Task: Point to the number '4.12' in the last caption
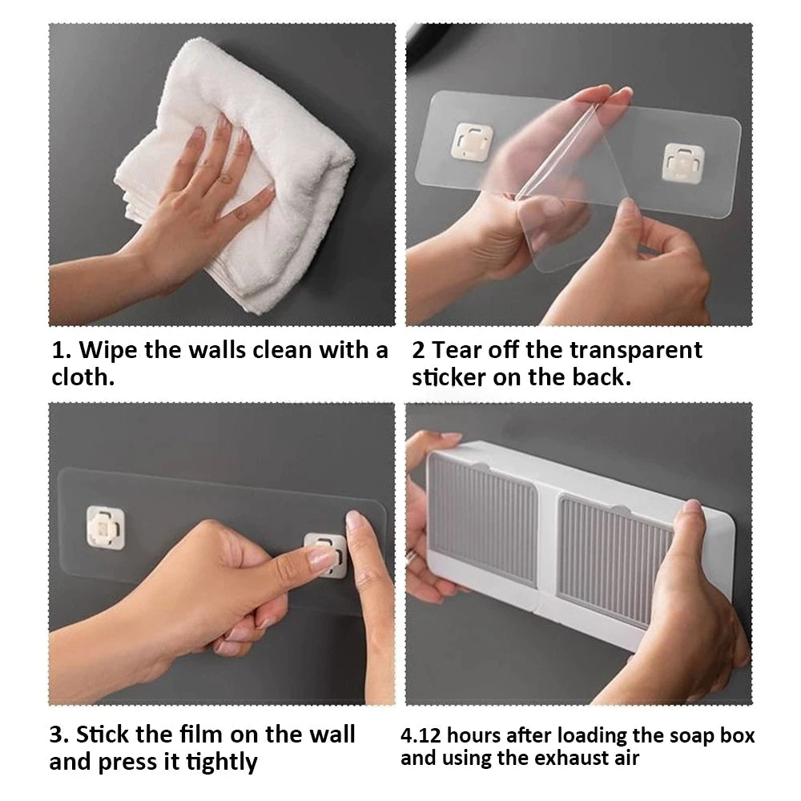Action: click(421, 735)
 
